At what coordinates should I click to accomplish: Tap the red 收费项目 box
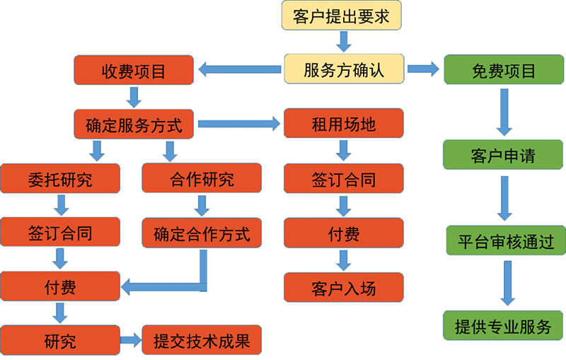(x=134, y=70)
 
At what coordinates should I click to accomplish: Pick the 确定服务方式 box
(x=134, y=125)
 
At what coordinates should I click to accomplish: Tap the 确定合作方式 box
(x=202, y=233)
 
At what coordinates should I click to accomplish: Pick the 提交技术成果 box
(x=202, y=341)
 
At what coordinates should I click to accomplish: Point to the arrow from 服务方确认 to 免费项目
(x=422, y=69)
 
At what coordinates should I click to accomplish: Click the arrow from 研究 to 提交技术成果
(x=129, y=341)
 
